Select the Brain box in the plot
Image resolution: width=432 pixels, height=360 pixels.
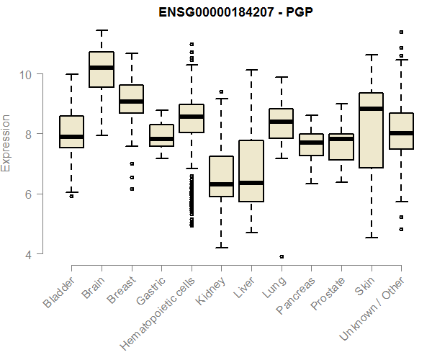point(102,69)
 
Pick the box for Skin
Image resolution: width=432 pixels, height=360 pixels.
point(372,130)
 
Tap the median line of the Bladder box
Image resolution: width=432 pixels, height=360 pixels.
point(71,136)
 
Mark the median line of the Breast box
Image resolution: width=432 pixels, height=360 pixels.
point(131,102)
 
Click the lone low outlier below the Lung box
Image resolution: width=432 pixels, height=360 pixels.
point(282,256)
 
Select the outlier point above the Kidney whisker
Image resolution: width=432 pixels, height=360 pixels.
point(221,92)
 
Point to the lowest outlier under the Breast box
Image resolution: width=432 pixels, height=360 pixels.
point(131,189)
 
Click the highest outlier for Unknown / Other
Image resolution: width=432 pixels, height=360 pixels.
point(401,32)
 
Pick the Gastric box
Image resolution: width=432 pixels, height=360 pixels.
point(161,135)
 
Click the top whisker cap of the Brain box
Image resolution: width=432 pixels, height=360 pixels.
point(102,30)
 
